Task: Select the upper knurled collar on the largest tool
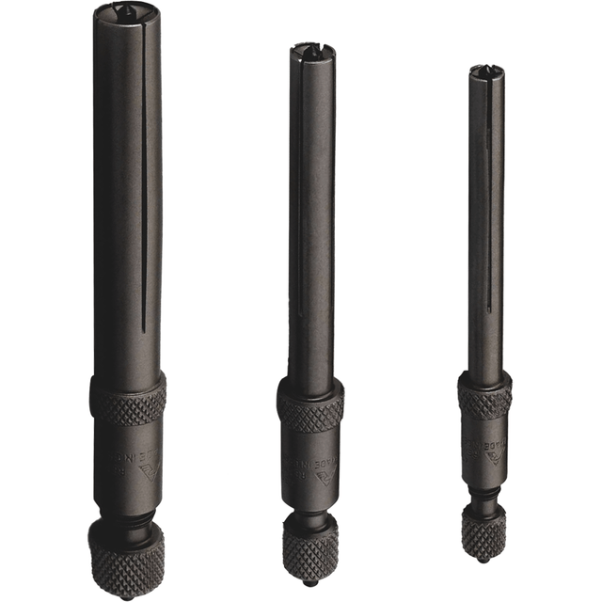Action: (x=129, y=399)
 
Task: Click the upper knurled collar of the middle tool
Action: (x=310, y=405)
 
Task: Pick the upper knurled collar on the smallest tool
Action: (x=485, y=395)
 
